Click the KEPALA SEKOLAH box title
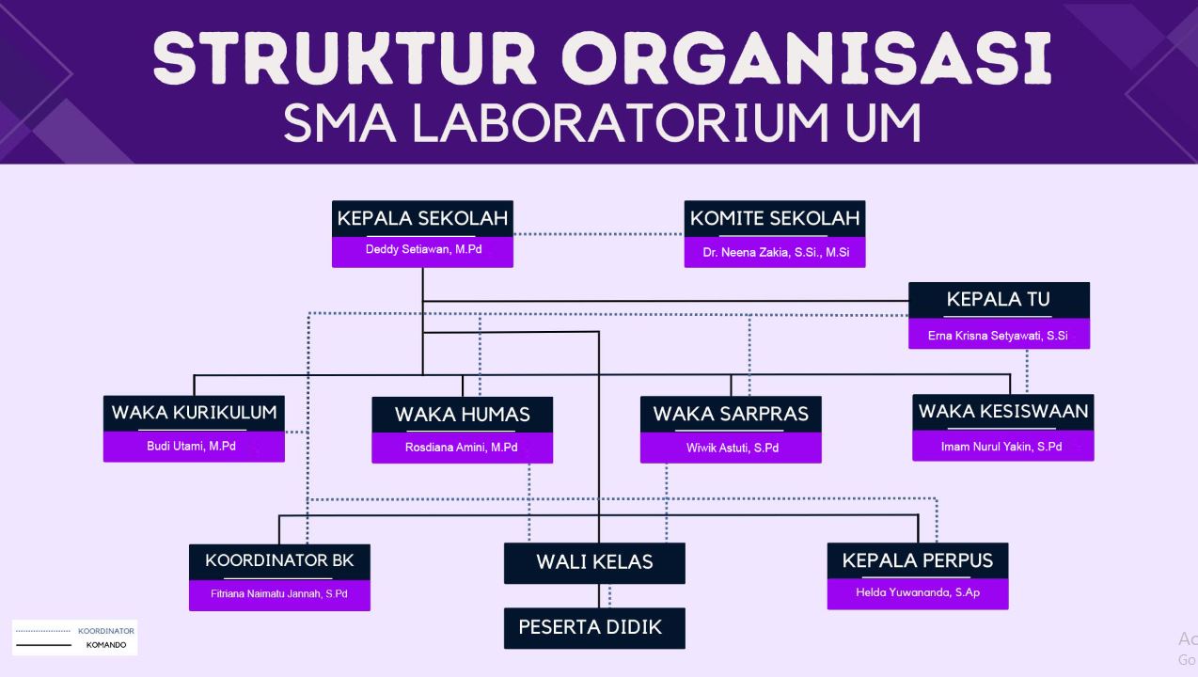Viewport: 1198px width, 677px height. [422, 219]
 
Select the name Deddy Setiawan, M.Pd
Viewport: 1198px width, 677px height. [422, 250]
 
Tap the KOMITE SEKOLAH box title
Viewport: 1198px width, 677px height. [775, 219]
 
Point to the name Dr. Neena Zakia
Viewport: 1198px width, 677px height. [775, 252]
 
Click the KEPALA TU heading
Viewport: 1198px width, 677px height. [999, 300]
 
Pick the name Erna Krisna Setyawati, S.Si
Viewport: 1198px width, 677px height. [999, 335]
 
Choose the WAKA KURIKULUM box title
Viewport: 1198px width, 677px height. [194, 413]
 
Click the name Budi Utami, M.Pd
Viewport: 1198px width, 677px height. [191, 446]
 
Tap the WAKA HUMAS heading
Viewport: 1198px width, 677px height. [462, 415]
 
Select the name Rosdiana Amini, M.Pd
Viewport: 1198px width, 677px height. [461, 448]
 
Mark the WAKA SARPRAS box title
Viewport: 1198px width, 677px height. [731, 415]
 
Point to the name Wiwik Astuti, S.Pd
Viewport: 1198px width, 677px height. [732, 448]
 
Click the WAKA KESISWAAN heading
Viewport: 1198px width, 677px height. [1002, 411]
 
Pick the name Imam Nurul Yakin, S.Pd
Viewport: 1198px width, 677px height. [1001, 447]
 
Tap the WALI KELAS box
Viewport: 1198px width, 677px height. [594, 562]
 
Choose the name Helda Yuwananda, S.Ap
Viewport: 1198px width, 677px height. [918, 593]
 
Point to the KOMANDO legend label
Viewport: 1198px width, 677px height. [105, 645]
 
